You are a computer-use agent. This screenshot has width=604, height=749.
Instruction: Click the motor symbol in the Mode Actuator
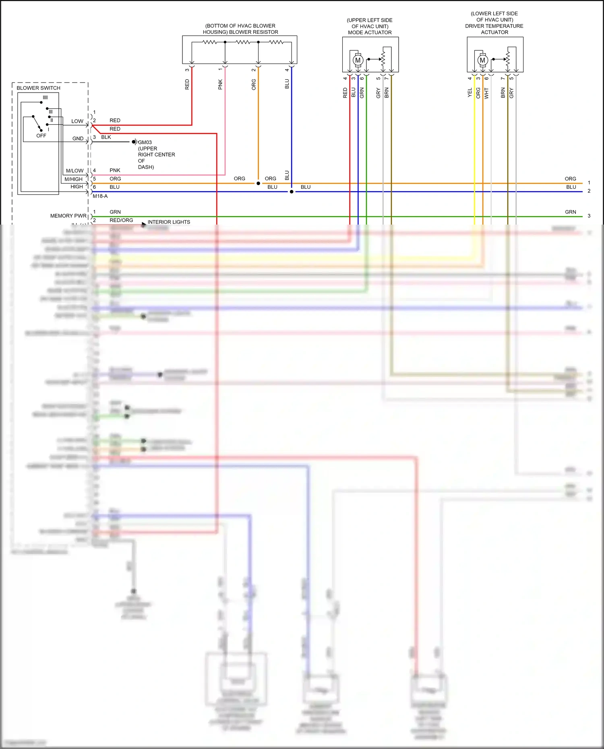(x=358, y=60)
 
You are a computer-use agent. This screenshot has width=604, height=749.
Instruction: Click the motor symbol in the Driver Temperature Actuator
(x=482, y=60)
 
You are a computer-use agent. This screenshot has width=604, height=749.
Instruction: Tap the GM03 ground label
(x=145, y=142)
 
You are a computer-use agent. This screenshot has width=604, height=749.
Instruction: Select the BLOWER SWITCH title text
(x=38, y=88)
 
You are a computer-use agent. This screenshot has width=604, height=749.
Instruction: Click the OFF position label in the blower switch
(x=41, y=136)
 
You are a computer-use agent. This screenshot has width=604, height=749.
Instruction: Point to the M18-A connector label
(x=100, y=196)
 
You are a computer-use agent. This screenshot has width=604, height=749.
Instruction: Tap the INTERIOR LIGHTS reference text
(x=169, y=222)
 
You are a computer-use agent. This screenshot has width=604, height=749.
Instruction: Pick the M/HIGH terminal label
(x=73, y=179)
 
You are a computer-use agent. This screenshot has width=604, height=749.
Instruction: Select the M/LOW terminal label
(x=74, y=171)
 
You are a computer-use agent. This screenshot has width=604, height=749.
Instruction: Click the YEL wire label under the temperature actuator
(x=470, y=93)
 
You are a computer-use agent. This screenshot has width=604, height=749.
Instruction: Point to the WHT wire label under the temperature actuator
(x=486, y=93)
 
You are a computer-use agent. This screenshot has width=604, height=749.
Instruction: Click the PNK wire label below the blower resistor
(x=220, y=84)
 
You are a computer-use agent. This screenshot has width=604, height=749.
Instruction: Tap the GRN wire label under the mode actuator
(x=362, y=93)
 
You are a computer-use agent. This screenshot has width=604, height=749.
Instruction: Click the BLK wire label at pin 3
(x=106, y=137)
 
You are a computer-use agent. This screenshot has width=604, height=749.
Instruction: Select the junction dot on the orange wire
(x=258, y=183)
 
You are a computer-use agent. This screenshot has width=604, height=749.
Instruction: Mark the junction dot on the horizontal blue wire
(x=292, y=192)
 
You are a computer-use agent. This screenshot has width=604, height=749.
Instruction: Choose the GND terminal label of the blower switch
(x=78, y=138)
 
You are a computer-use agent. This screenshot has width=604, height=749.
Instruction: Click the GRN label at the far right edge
(x=570, y=212)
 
